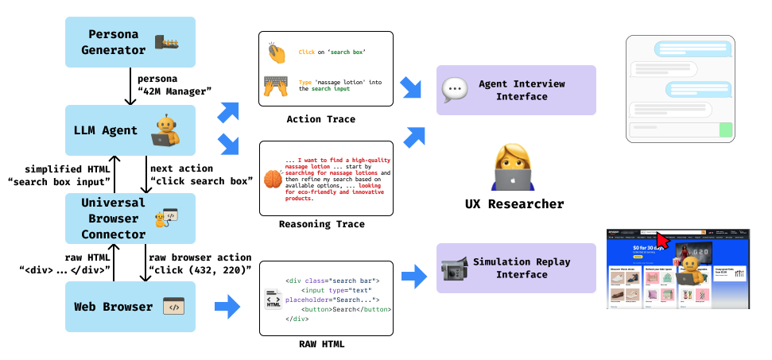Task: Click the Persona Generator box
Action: click(130, 41)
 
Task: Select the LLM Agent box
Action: click(130, 130)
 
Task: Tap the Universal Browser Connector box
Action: click(130, 218)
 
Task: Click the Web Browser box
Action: click(130, 306)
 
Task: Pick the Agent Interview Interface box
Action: click(516, 91)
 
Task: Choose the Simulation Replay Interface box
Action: click(516, 269)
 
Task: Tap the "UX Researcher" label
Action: click(514, 205)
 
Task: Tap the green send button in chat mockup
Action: click(725, 130)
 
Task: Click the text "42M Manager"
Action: click(174, 91)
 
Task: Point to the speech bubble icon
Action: click(454, 88)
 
